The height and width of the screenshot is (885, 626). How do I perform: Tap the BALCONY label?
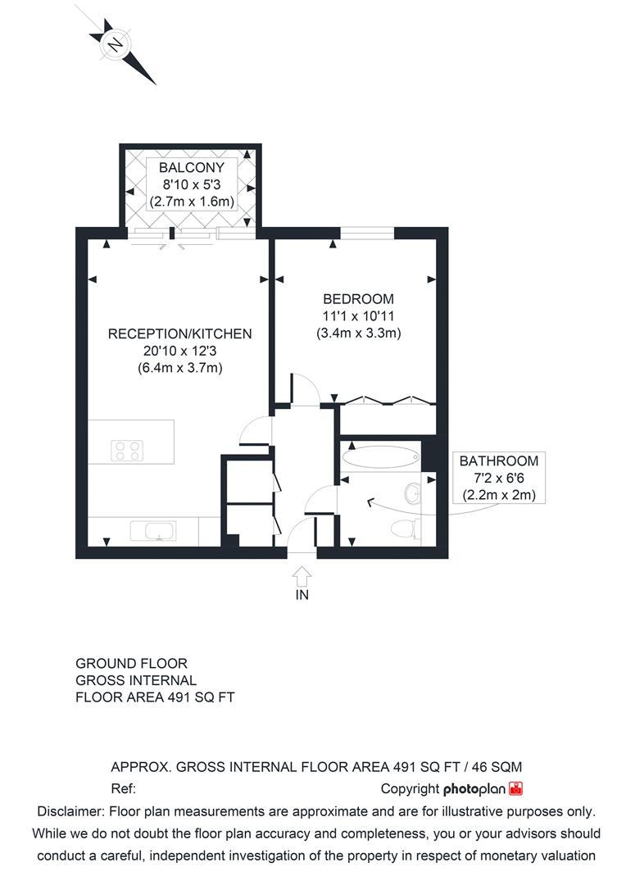[191, 168]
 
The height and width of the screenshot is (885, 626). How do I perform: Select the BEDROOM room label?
[358, 299]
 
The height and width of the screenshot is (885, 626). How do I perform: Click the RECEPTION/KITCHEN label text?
[180, 334]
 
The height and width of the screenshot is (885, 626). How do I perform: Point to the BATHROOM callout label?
[498, 461]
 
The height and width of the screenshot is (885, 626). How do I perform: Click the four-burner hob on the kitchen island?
[128, 449]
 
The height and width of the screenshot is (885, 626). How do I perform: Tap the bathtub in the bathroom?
[379, 456]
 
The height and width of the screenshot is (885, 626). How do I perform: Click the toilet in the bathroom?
[403, 528]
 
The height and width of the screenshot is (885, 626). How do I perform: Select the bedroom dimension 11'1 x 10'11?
[358, 316]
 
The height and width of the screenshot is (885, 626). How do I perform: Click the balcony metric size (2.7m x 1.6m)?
[191, 202]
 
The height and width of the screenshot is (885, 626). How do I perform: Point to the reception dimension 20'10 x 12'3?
[180, 351]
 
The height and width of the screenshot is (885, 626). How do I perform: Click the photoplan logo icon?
[516, 789]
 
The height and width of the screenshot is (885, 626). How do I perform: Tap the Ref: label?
[123, 789]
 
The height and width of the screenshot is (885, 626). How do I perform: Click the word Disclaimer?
[70, 811]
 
